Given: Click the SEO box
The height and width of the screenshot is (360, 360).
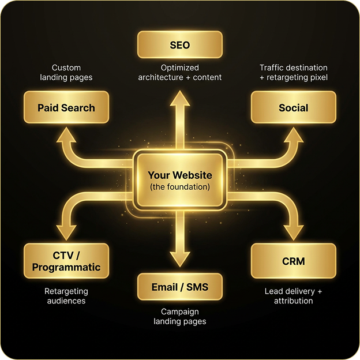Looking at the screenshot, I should point(179,45).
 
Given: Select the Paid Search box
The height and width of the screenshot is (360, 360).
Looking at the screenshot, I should point(66,108).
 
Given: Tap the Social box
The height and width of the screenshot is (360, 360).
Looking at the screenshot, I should point(293,108).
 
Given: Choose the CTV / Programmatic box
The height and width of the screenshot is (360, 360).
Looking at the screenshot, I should point(66,261).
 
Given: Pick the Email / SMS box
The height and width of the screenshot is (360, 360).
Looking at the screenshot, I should point(179,287).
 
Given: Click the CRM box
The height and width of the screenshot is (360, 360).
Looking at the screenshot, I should point(293,261).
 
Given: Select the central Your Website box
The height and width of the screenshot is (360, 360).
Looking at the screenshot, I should point(179,180).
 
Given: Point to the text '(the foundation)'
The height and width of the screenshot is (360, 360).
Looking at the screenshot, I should point(179,187).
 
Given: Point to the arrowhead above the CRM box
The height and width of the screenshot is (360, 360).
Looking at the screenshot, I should point(293,231).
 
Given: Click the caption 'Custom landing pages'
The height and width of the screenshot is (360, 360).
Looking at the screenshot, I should point(66,73).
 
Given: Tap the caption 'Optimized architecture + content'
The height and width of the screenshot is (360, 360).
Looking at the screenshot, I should point(179,73).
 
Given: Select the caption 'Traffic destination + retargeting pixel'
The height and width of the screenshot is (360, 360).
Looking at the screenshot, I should point(293,73).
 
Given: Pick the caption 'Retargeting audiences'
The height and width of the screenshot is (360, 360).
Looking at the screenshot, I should point(66,296).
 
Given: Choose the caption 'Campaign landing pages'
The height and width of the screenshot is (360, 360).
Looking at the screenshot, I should point(179,317).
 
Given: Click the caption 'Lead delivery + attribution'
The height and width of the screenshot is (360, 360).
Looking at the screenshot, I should point(293,296).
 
